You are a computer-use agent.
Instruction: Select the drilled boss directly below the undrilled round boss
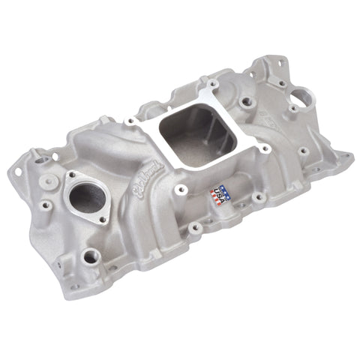tap(47, 204)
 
